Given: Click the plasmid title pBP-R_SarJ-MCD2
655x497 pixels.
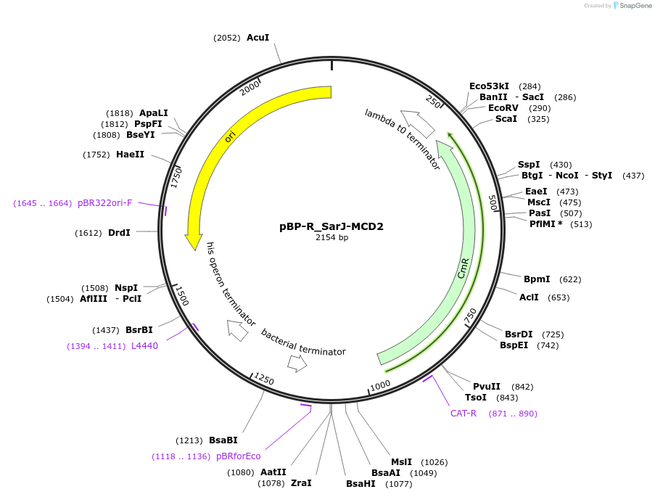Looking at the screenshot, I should point(331,226).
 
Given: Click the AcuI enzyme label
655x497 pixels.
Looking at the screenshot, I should point(258,37).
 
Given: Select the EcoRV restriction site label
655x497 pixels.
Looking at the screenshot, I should point(503,108).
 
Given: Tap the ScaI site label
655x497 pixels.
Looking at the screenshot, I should point(506,119).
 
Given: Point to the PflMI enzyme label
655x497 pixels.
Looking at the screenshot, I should point(542,224).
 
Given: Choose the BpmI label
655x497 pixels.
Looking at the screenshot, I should point(537,279).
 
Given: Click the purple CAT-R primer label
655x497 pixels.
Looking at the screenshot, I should point(464,414).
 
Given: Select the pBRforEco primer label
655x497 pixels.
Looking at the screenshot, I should point(238,456).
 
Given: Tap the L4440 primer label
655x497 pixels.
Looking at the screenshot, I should point(144,346).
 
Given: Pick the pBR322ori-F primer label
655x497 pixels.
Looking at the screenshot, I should point(105,203).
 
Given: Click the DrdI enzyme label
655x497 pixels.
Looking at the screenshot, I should point(119,233).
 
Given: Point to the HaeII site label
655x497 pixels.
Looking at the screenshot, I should point(130,155).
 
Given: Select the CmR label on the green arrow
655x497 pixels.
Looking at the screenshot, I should point(464,268).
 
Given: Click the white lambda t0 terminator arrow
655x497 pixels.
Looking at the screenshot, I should point(418,123).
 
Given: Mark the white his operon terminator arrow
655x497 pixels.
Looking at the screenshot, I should point(237,330).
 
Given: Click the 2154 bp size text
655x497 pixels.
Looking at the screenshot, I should point(331,237).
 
